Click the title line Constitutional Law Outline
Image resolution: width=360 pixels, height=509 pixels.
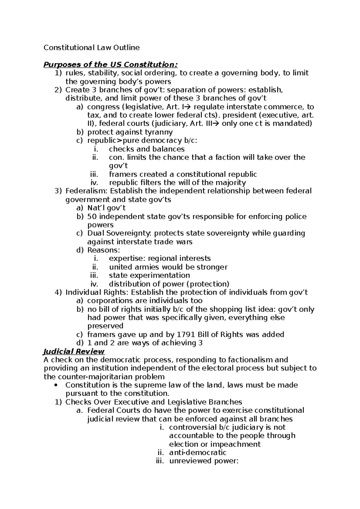click(91, 47)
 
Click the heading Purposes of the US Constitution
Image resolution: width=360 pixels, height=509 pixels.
click(110, 64)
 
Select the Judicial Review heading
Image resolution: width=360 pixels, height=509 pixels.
click(74, 351)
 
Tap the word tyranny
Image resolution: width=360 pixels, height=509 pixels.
click(159, 132)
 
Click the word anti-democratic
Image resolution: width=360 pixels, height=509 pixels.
click(198, 453)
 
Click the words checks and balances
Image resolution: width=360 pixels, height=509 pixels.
click(147, 149)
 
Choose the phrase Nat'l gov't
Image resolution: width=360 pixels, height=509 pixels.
click(106, 208)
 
